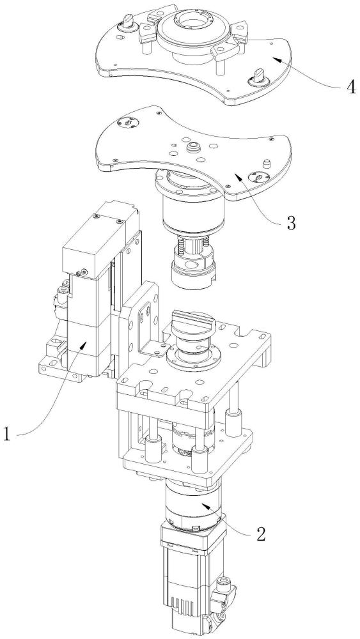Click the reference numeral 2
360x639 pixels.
click(x=261, y=534)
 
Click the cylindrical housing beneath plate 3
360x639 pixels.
click(x=189, y=204)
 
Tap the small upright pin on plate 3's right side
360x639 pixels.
click(x=267, y=164)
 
